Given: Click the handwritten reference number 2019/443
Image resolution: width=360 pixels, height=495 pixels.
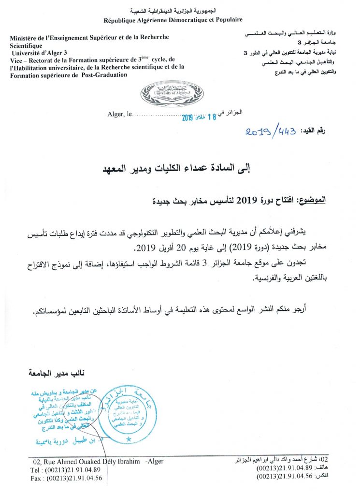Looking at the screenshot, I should point(271,131).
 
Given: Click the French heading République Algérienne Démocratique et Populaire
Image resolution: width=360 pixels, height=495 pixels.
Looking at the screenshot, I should point(173,20).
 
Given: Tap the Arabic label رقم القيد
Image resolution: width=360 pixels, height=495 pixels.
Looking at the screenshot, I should point(313,131).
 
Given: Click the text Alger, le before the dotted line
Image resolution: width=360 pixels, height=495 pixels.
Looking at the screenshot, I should point(118,114).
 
